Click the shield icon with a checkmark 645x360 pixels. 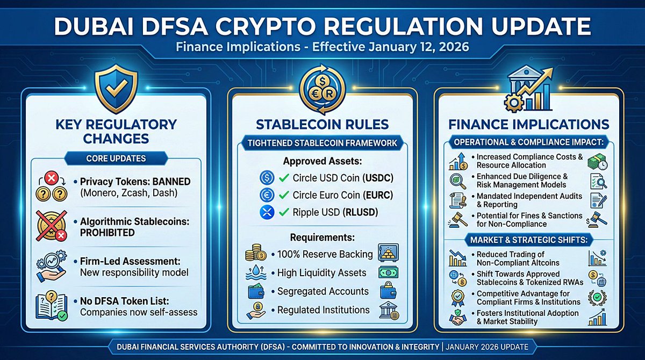tap(115, 87)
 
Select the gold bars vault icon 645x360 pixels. tap(389, 253)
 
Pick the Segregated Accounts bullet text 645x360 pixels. tap(323, 291)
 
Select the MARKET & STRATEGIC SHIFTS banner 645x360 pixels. tap(528, 239)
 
